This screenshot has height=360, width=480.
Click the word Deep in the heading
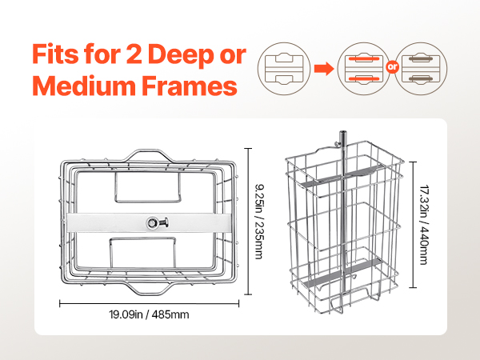tap(181, 54)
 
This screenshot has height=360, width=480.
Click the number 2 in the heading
tap(134, 54)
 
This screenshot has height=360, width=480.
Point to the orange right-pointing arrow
tap(324, 68)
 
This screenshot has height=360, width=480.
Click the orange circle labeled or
tap(392, 66)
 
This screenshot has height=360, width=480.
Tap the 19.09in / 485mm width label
tap(149, 314)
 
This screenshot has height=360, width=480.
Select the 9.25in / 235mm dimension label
tap(259, 222)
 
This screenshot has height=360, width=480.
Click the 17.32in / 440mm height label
tap(424, 225)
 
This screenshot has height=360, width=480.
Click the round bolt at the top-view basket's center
tap(152, 222)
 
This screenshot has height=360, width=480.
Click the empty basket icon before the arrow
tap(284, 69)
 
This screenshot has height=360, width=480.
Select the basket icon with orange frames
tap(364, 69)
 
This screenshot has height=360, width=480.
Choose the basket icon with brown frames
tap(421, 69)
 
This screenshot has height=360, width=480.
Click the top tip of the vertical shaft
tap(342, 132)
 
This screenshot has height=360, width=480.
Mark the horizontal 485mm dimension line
tap(149, 304)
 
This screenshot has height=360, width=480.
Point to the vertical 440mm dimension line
tap(414, 225)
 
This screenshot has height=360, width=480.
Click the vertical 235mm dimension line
tap(248, 222)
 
